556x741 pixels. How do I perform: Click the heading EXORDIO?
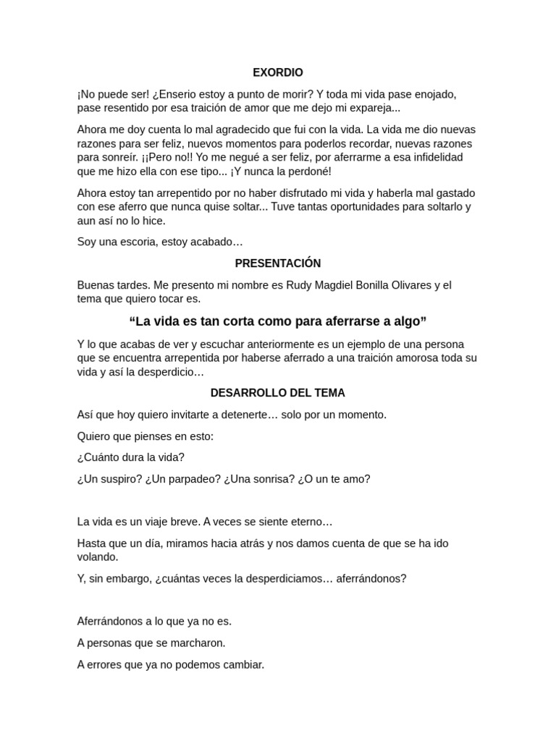pos(278,72)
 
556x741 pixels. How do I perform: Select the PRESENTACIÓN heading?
pos(278,263)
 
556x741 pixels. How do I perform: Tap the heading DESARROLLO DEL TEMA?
pos(278,393)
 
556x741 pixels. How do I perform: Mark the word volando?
pos(97,557)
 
